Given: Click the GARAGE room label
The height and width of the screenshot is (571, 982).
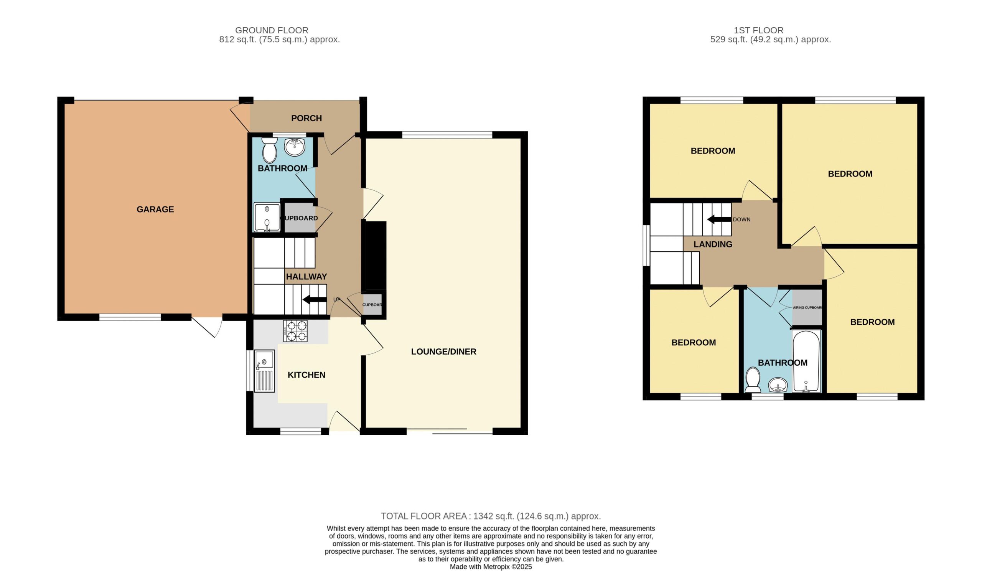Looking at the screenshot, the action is point(155,209).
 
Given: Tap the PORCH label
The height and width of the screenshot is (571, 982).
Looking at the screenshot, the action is point(306,118).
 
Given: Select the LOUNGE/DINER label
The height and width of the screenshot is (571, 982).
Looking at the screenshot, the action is point(443,352).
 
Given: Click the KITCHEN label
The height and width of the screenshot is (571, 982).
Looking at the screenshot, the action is point(306,375).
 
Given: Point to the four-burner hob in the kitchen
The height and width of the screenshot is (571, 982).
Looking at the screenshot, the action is point(295,331).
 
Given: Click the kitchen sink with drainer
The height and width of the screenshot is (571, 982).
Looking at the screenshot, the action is point(264,371).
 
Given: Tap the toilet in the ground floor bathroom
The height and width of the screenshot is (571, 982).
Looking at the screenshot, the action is point(269,150).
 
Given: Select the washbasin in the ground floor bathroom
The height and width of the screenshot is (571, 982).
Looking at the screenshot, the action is point(295,147).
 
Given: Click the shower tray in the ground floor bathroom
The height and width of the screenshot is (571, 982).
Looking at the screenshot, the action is point(267,217).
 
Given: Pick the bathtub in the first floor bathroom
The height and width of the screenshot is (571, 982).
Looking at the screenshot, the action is point(806,361).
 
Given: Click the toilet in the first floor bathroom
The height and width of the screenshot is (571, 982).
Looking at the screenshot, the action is point(753,380).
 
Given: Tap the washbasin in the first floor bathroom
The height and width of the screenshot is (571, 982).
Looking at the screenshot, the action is point(778,385).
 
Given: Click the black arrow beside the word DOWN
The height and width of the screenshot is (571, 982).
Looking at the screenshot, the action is point(719,219).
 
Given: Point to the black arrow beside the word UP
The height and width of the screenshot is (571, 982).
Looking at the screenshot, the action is point(315,300).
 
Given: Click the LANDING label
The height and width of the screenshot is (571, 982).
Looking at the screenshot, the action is point(713,244).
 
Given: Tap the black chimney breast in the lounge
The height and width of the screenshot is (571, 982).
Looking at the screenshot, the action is point(374,255).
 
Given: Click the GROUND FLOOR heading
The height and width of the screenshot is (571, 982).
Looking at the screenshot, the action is point(272,30).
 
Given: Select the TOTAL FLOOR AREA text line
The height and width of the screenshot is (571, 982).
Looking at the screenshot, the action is point(491,516).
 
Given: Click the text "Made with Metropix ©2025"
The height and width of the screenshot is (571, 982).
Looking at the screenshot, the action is point(491,567).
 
